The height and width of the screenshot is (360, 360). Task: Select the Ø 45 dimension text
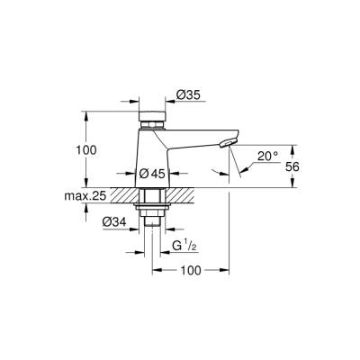150,173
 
